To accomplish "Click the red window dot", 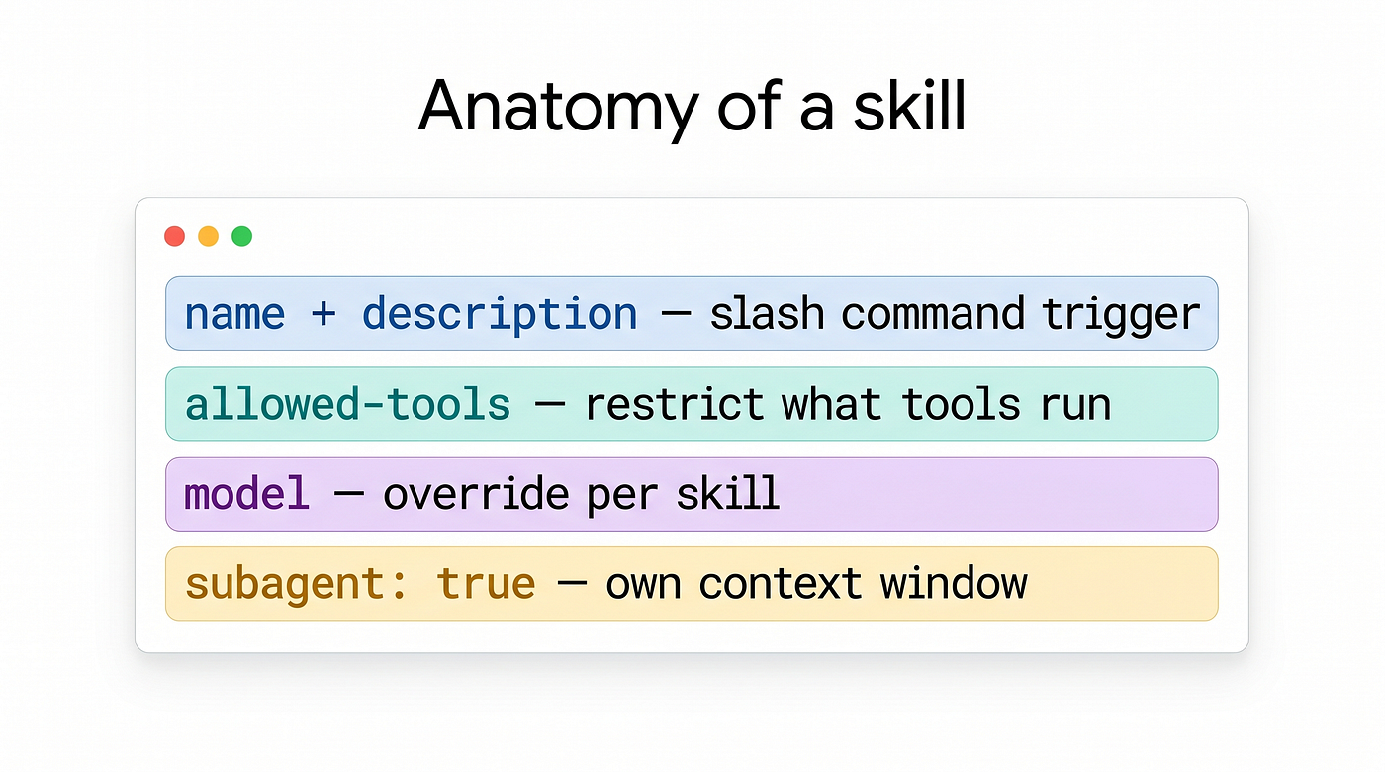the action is pyautogui.click(x=174, y=236).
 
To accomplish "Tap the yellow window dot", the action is pyautogui.click(x=209, y=236).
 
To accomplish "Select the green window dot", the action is pyautogui.click(x=241, y=236).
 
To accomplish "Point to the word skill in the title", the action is pyautogui.click(x=909, y=105).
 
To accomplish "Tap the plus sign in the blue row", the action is pyautogui.click(x=323, y=313).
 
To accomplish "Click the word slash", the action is pyautogui.click(x=768, y=313).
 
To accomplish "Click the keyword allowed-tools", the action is pyautogui.click(x=348, y=404).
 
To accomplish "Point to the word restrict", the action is pyautogui.click(x=675, y=404).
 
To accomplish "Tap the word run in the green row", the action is pyautogui.click(x=1076, y=405).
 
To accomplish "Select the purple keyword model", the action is pyautogui.click(x=246, y=494).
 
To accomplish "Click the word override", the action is pyautogui.click(x=476, y=494).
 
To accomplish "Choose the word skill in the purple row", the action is pyautogui.click(x=727, y=493).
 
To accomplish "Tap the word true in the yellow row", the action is pyautogui.click(x=486, y=584).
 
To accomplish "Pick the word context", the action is pyautogui.click(x=781, y=584).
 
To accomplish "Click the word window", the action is pyautogui.click(x=954, y=583).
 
